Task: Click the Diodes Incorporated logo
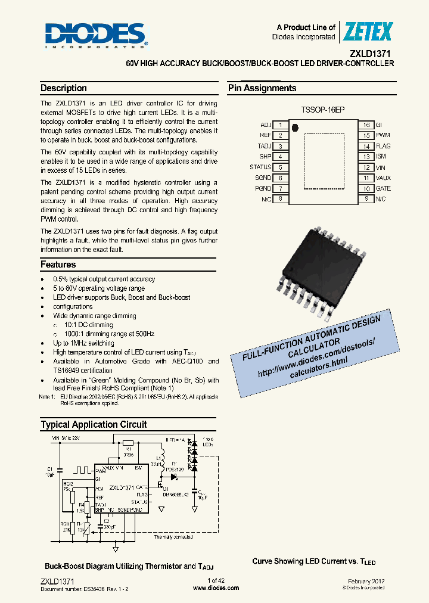tap(96, 35)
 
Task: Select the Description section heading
tap(64, 88)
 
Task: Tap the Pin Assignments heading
tap(262, 88)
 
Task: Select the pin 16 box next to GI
tap(366, 125)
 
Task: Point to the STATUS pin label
tap(260, 167)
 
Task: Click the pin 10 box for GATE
tap(366, 188)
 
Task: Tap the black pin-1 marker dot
tap(294, 126)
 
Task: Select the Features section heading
tap(58, 265)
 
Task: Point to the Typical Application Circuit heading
tap(94, 425)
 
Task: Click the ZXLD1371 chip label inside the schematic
tap(122, 487)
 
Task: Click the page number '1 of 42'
tap(216, 580)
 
